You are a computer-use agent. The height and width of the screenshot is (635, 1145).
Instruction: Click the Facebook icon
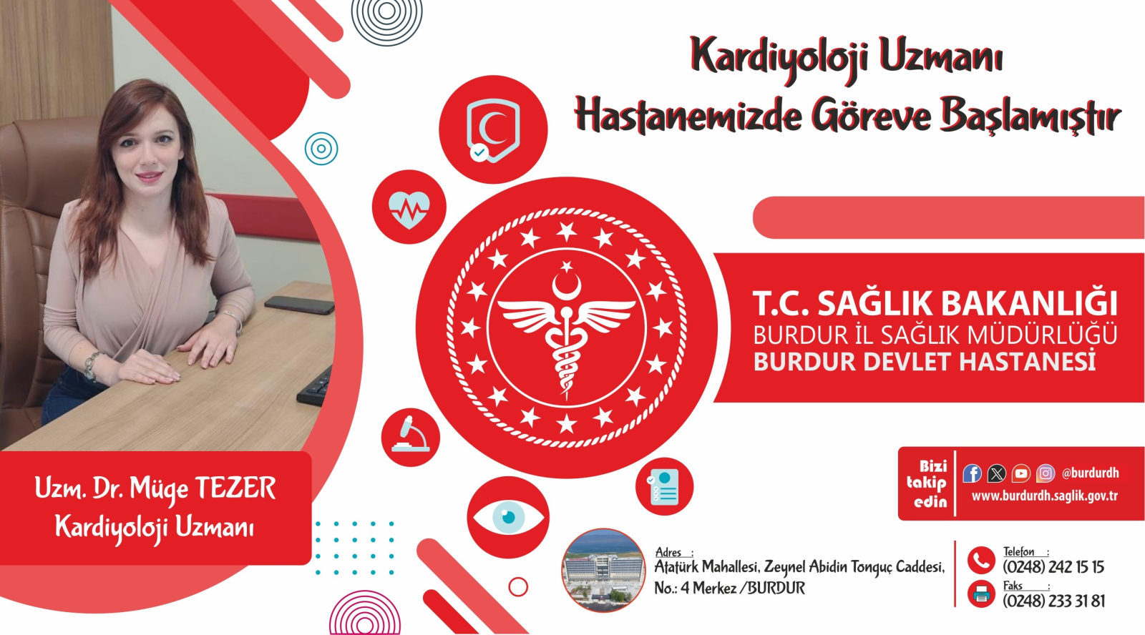972,473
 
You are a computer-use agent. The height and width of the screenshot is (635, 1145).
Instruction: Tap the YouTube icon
1020,473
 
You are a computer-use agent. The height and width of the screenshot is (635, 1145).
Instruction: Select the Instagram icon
1046,473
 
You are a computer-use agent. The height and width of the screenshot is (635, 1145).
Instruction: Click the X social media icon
996,473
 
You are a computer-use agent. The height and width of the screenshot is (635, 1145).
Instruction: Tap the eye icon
508,517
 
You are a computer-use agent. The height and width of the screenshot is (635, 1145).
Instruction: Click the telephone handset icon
981,561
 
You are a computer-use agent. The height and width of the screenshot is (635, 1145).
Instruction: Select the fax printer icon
981,594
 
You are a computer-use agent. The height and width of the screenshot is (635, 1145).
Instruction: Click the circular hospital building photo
603,570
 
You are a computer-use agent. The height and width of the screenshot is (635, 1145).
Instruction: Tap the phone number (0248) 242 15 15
1053,567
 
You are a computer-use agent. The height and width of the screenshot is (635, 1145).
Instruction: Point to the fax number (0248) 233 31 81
1053,601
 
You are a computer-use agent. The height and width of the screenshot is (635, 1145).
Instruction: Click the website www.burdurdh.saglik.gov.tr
1044,496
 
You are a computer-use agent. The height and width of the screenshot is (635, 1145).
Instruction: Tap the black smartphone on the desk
300,305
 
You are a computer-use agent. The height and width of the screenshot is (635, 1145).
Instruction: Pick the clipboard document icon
663,487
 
